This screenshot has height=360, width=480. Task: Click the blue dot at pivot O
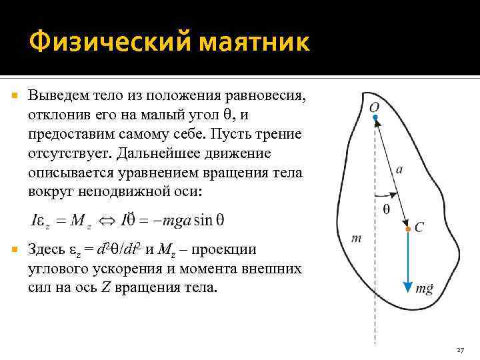click(375, 117)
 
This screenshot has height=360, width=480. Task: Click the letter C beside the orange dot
click(419, 228)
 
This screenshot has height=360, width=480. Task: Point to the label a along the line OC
click(399, 169)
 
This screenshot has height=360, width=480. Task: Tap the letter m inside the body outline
click(356, 238)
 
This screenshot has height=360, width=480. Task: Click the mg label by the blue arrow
click(425, 288)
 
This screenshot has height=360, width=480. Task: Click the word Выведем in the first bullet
click(55, 96)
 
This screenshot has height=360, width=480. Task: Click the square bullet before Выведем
click(16, 97)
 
